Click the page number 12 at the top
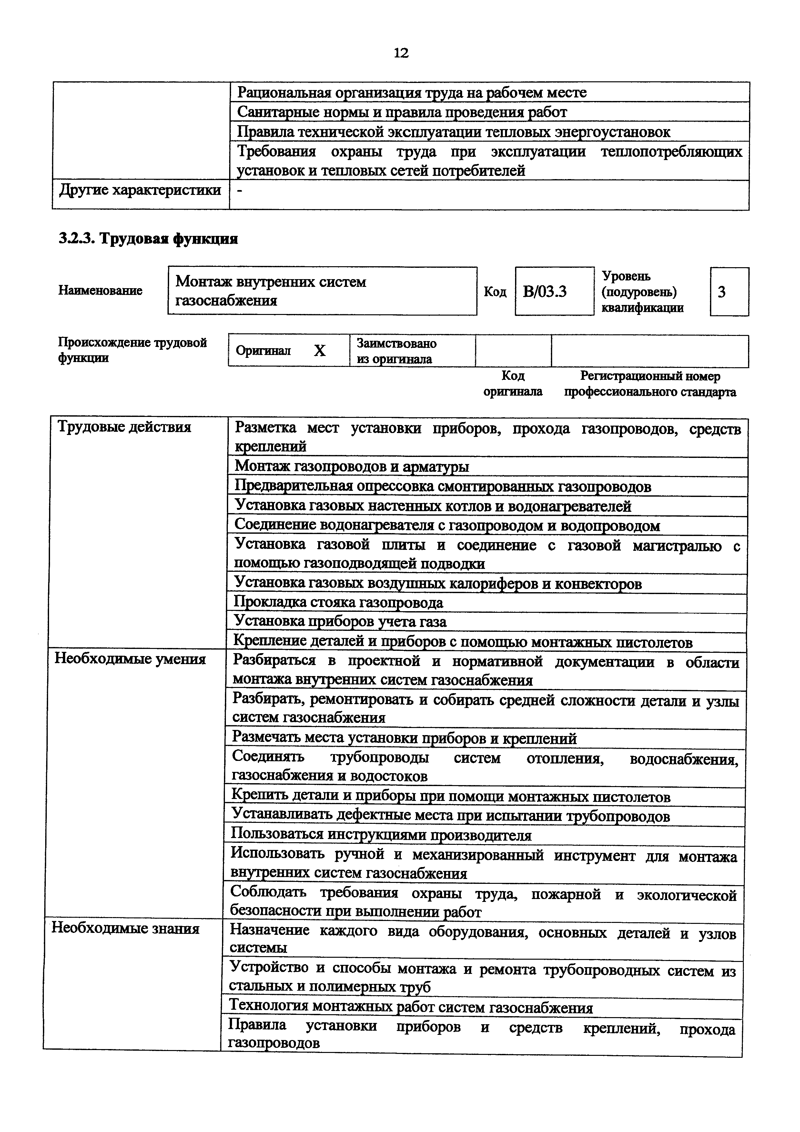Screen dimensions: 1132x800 401,53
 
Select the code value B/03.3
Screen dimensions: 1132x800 545,292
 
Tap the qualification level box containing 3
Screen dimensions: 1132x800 729,292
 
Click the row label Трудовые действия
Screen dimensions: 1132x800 124,427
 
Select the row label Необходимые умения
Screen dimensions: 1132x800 130,659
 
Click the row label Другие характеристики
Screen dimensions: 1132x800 140,190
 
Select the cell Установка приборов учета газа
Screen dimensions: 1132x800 340,622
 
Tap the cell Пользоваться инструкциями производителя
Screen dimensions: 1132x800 381,835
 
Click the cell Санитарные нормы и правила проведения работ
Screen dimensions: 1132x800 402,112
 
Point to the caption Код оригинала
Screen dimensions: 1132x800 513,384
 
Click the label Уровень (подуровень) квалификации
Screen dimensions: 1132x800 642,292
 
